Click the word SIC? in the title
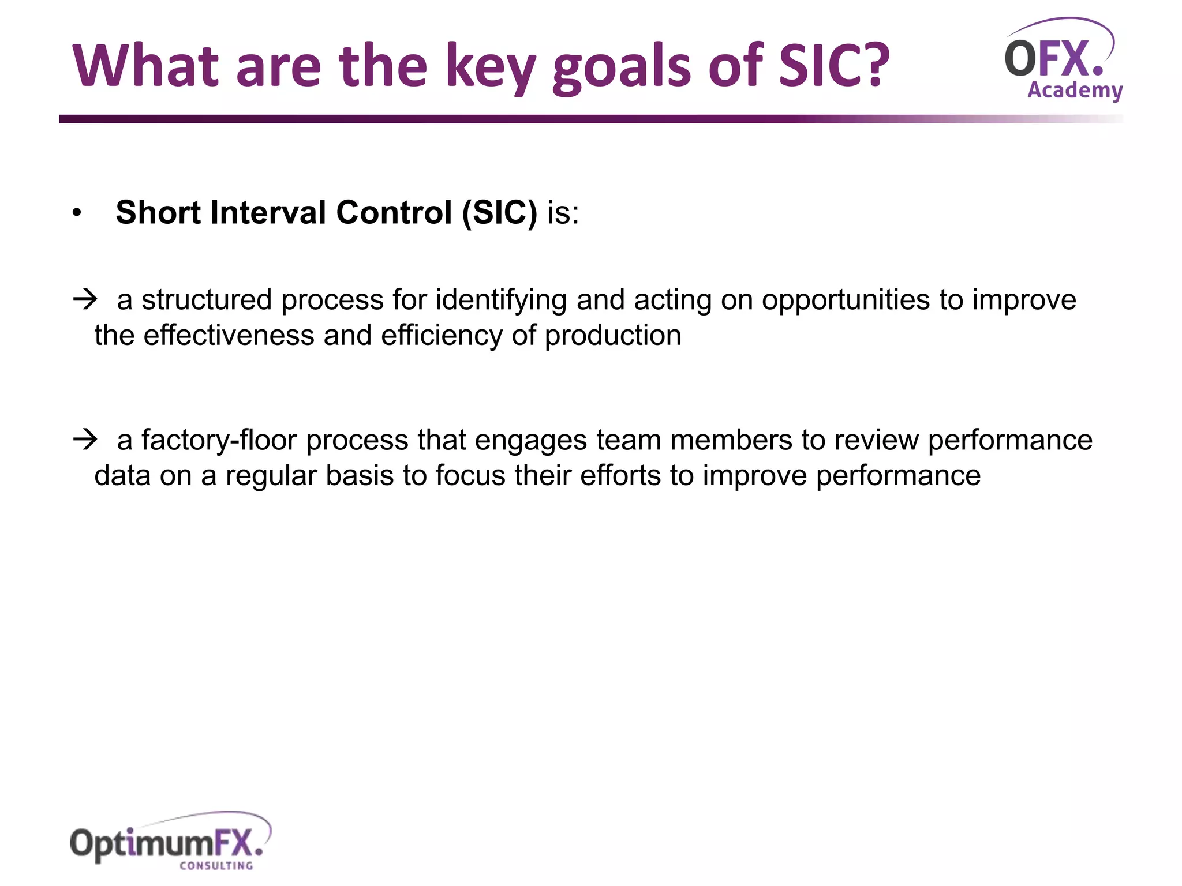click(833, 66)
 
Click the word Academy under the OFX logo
click(1075, 91)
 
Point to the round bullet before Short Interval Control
click(77, 213)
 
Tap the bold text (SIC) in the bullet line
click(499, 212)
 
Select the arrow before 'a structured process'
click(85, 299)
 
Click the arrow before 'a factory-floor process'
click(85, 440)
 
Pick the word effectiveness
click(229, 335)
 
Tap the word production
click(613, 336)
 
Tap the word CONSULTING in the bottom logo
click(216, 865)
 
